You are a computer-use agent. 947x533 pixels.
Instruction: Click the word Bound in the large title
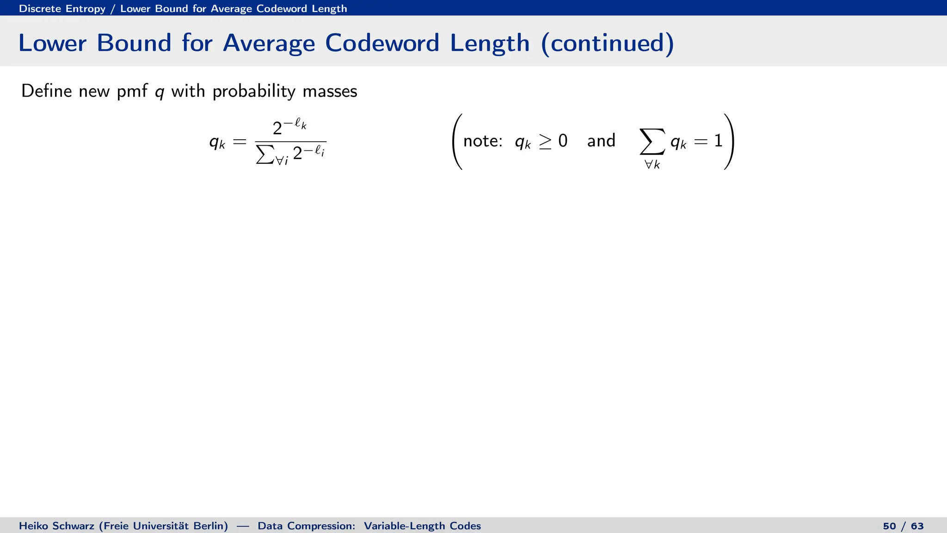click(134, 43)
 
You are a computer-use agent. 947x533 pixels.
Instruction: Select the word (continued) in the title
click(607, 43)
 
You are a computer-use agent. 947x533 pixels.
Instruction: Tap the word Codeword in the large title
click(382, 43)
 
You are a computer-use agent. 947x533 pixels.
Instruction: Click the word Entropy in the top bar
click(86, 8)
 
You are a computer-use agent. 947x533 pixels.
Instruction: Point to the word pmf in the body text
click(132, 91)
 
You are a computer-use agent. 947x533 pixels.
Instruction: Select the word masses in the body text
click(330, 91)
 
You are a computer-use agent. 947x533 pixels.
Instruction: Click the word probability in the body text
click(254, 91)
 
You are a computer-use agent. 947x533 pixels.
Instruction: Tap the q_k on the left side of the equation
click(217, 142)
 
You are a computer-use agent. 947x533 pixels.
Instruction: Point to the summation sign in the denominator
click(264, 156)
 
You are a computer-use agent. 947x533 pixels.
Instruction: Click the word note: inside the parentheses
click(483, 141)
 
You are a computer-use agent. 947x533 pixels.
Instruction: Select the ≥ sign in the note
click(545, 141)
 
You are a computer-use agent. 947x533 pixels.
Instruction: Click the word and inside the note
click(601, 141)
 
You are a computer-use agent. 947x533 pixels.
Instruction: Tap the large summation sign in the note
click(652, 142)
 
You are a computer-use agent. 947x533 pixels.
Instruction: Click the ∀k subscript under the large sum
click(652, 164)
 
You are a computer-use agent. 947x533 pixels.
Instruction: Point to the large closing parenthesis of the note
click(729, 142)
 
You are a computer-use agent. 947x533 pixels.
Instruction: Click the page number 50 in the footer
click(889, 526)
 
